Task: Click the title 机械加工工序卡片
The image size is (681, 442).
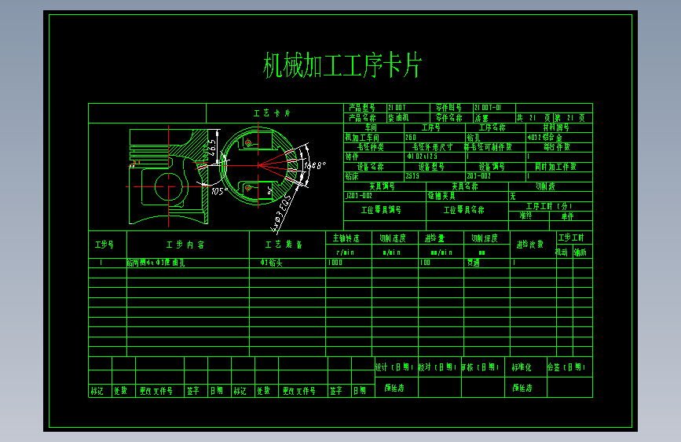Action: click(x=342, y=66)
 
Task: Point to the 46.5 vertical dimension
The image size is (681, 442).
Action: click(x=211, y=147)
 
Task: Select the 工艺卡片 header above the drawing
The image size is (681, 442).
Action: click(x=272, y=113)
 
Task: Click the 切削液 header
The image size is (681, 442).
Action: click(x=550, y=186)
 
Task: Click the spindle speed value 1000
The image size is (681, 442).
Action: click(x=337, y=263)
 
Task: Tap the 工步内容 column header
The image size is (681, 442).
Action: click(x=185, y=245)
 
